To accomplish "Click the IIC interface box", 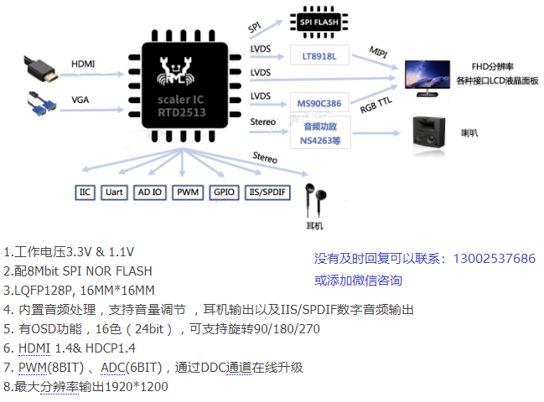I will [x=85, y=193].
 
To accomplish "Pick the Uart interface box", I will [x=113, y=193].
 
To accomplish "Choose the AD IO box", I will [x=149, y=193].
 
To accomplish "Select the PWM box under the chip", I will [x=187, y=193].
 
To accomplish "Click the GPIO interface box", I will [x=224, y=193].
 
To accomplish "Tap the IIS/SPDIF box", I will [x=268, y=193].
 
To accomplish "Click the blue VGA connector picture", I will [x=41, y=104].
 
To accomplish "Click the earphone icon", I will [x=314, y=199].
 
